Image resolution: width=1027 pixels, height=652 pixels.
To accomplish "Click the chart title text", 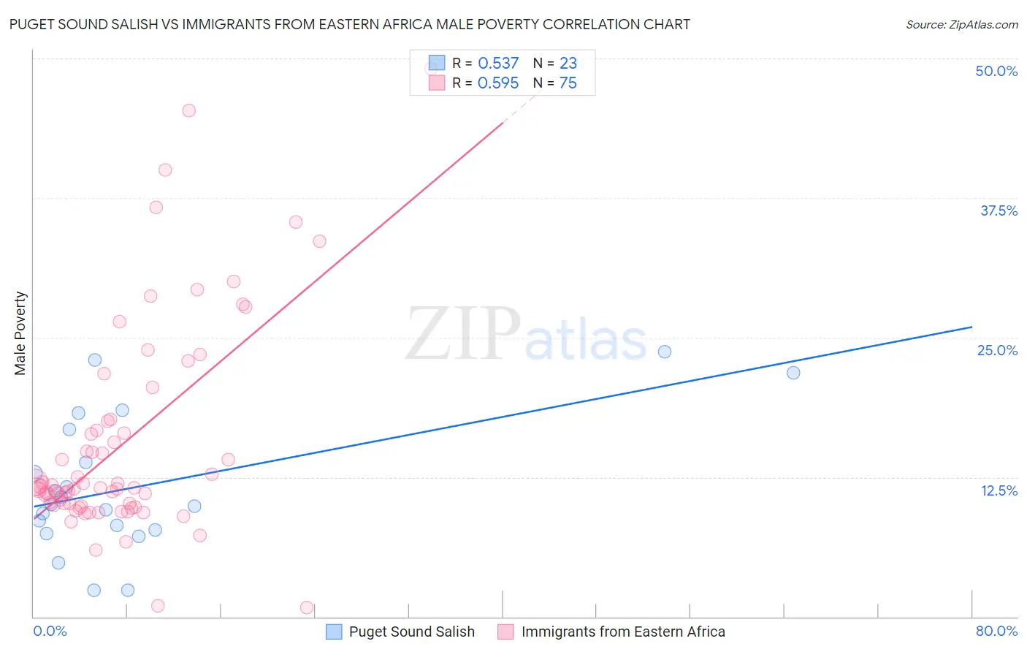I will (x=350, y=24).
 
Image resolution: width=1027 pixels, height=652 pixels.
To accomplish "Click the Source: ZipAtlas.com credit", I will (x=961, y=25).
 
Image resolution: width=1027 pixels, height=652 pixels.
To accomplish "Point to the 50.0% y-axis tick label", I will (x=996, y=71).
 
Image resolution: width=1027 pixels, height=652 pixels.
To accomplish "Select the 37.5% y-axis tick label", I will (x=999, y=211).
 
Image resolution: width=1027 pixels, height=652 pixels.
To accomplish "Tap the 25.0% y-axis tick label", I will (x=997, y=350).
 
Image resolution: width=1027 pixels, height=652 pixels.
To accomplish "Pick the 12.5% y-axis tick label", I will (x=999, y=490).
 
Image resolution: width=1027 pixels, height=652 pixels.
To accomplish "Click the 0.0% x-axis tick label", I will (x=50, y=631).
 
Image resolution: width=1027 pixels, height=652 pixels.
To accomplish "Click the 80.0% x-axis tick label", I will (x=996, y=631).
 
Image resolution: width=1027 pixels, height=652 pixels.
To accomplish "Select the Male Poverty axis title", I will (x=20, y=333).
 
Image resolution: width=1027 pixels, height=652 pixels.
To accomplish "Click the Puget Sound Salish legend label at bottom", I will (x=411, y=632).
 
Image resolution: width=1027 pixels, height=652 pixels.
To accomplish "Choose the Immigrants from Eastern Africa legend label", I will (x=623, y=632).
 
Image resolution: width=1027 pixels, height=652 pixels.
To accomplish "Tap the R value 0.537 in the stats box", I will (x=498, y=64).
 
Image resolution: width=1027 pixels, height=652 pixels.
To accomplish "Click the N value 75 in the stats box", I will (x=568, y=83).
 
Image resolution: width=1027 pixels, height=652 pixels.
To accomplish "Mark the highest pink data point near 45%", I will (x=188, y=110).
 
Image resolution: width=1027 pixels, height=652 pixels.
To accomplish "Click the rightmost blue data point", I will (x=793, y=373).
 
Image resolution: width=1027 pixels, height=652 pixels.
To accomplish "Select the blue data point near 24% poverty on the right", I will (x=665, y=352).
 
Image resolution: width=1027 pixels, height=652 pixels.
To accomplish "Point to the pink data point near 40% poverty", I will (x=165, y=170).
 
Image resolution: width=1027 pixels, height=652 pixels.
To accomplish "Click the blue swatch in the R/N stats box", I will (x=437, y=63).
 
